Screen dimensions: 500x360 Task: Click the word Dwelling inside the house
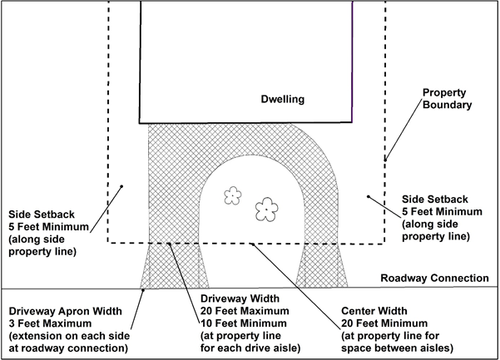point(283,99)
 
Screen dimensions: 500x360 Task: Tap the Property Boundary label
point(447,99)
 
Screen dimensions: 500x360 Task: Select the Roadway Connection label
point(434,279)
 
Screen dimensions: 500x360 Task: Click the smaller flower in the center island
point(233,195)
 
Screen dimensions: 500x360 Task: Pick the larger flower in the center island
point(266,210)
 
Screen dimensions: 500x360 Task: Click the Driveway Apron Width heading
point(66,311)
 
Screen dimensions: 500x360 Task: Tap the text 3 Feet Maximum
point(50,323)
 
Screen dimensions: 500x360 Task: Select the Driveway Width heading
point(240,298)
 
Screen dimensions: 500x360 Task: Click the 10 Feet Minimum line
point(244,323)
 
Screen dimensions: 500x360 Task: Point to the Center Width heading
point(374,311)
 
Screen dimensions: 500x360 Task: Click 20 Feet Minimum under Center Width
point(384,323)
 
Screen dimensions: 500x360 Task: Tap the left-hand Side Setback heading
point(42,215)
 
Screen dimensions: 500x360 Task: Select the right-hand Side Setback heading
point(434,200)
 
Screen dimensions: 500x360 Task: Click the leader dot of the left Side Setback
point(121,186)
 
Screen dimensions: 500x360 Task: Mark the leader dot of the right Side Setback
point(369,196)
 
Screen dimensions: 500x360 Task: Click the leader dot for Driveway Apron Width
point(143,290)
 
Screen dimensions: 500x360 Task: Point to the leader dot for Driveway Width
point(170,244)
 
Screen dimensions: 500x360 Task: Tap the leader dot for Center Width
point(252,244)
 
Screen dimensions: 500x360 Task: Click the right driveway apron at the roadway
point(321,266)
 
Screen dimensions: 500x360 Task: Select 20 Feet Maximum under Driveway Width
point(245,311)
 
